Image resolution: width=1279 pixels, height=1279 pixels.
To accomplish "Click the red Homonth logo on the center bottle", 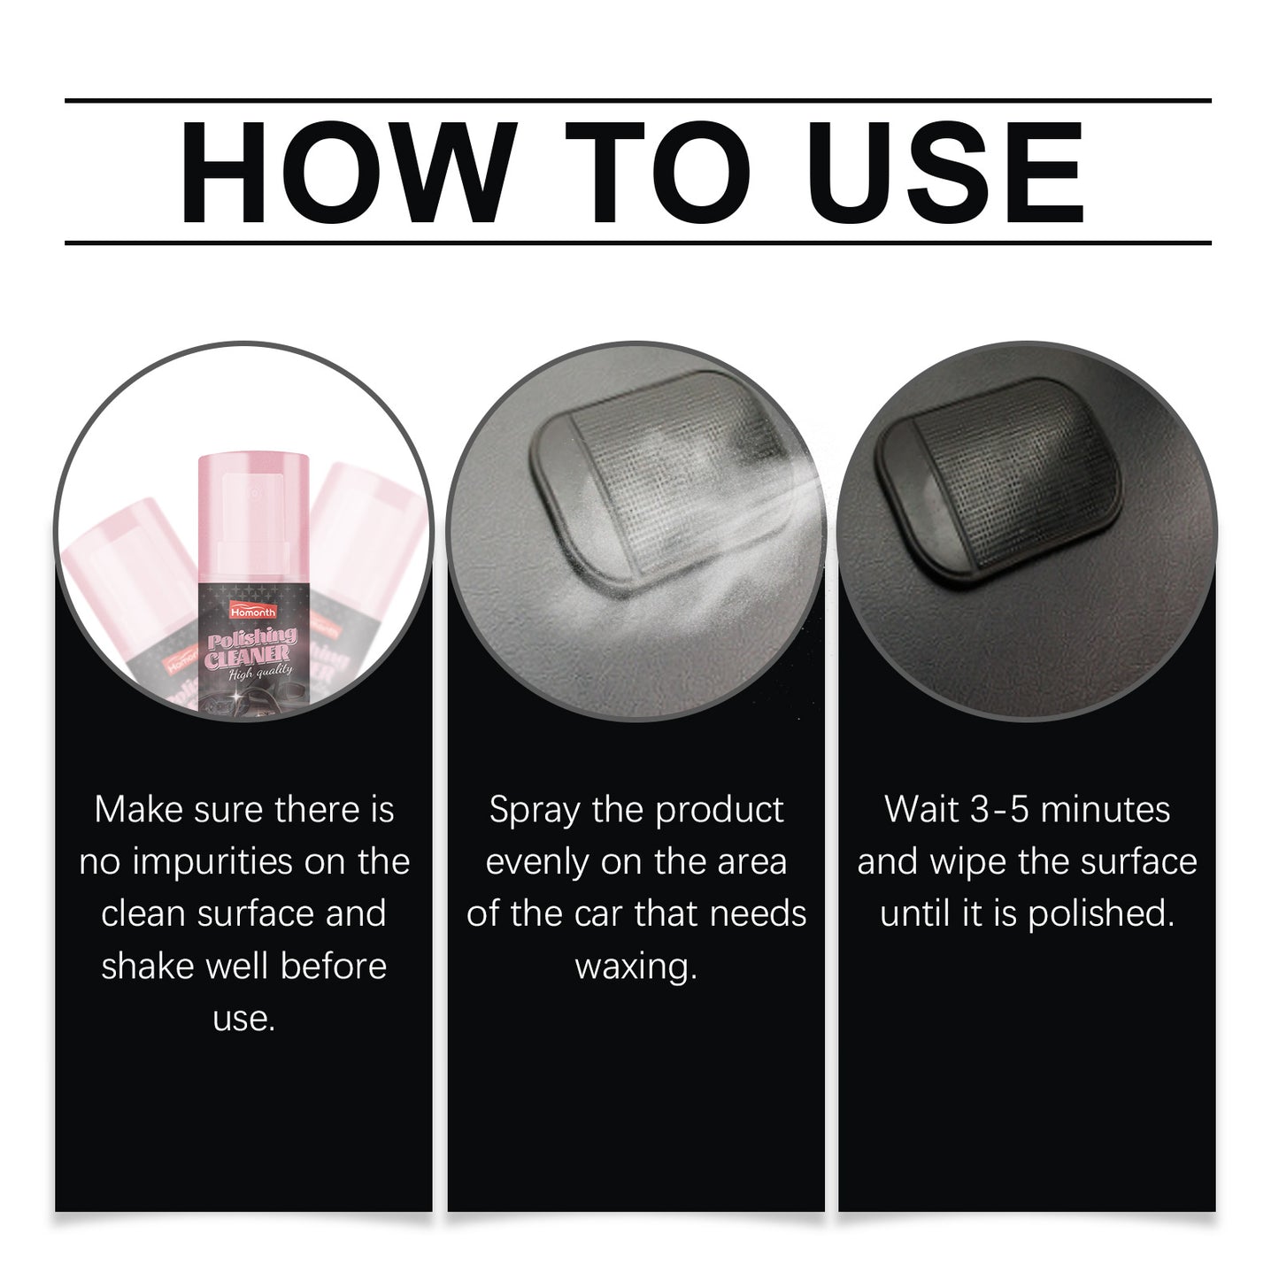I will pyautogui.click(x=253, y=612).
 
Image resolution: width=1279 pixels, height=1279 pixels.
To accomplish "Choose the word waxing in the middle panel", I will pyautogui.click(x=636, y=966).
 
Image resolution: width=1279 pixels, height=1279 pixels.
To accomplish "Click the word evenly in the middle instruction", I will pyautogui.click(x=537, y=862).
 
